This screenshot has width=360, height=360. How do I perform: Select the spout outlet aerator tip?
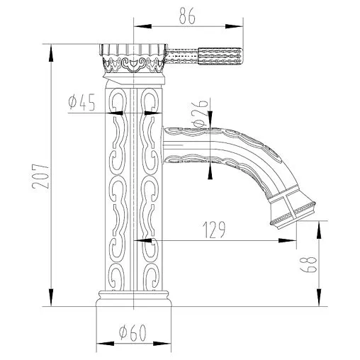tap(291, 210)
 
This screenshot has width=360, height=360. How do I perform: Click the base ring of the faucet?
tap(134, 300)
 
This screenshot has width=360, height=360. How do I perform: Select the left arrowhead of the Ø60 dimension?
tap(99, 345)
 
